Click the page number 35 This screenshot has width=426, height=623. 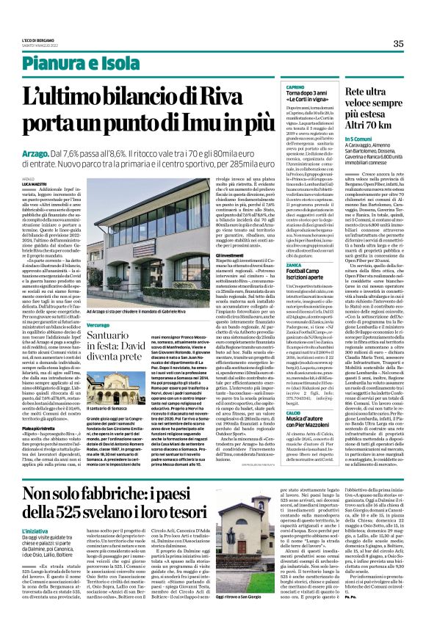point(397,43)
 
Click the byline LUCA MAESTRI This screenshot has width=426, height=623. point(34,183)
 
